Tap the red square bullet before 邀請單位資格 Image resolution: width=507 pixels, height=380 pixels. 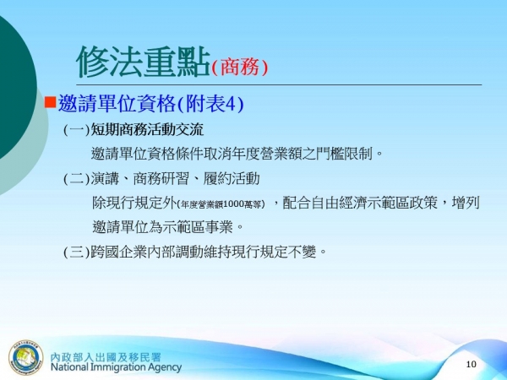point(50,103)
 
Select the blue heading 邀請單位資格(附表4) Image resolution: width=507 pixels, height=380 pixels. point(150,104)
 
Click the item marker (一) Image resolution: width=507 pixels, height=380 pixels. point(76,130)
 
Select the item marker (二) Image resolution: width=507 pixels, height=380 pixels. point(76,179)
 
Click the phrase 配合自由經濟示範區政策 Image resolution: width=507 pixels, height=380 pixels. point(370,204)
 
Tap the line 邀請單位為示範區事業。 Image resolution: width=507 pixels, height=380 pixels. point(168,227)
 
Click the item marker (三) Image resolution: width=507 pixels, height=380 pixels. point(76,252)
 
